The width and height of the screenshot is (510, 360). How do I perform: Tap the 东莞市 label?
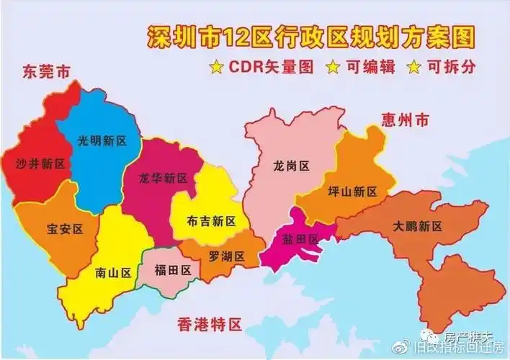47,72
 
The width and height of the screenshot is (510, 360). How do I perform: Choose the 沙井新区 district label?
40,163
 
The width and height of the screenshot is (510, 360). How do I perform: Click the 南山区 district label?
113,273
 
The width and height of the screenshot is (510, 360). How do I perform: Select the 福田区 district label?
173,270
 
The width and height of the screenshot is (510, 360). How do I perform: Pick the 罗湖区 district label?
227,256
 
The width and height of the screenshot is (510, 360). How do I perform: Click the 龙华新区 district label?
164,177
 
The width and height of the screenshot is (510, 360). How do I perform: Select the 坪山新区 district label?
352,192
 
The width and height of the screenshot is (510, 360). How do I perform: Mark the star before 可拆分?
415,68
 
